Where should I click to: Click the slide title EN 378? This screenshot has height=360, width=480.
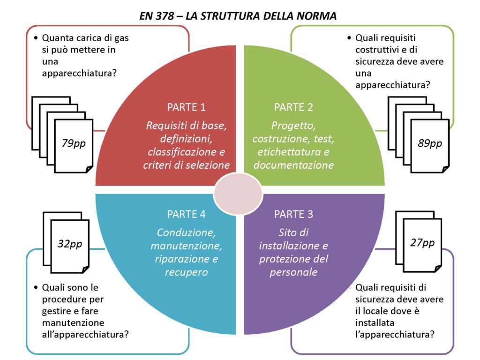(x=238, y=15)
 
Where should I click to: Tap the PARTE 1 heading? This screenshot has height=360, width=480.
(x=187, y=107)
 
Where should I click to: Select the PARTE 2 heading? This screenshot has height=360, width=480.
(x=293, y=107)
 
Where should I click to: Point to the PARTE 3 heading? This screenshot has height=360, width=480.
(x=293, y=214)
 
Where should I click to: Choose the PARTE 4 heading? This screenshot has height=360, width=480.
(x=187, y=214)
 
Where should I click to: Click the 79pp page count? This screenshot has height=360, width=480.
(x=74, y=143)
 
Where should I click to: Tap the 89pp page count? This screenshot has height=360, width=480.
(x=429, y=143)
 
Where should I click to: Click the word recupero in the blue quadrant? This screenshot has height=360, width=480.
(x=187, y=272)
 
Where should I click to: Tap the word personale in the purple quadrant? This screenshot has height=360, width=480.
(x=293, y=272)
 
